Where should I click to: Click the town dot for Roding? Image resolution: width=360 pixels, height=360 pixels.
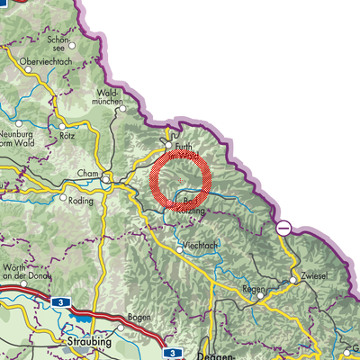tap(63, 197)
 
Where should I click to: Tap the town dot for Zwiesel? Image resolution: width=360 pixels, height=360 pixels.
tap(293, 279)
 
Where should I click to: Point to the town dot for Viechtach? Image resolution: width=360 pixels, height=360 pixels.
tap(179, 249)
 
